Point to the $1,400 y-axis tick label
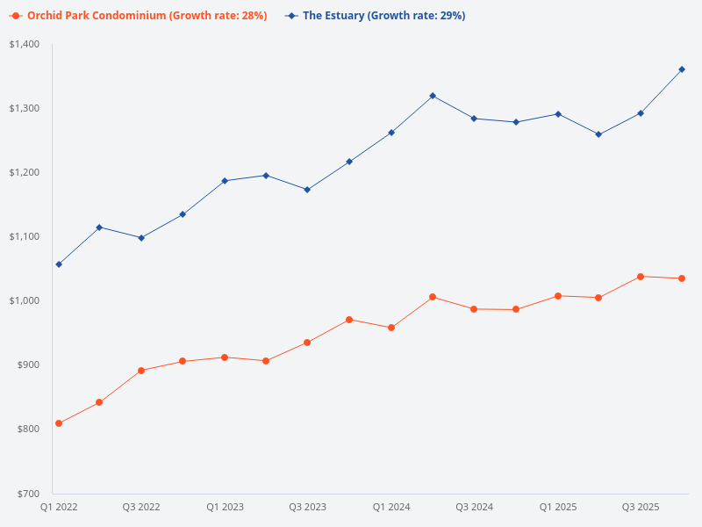(x=25, y=44)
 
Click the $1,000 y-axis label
(x=25, y=300)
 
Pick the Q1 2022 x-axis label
(x=59, y=508)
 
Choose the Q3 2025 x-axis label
(x=641, y=508)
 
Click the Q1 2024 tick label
(x=391, y=508)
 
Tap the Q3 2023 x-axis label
(x=308, y=508)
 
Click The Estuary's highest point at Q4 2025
(x=682, y=69)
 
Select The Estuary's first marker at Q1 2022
(x=59, y=264)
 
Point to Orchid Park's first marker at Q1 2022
(x=59, y=423)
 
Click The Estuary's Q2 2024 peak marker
(x=433, y=96)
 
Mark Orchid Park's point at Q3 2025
(x=641, y=277)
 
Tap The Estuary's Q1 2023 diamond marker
(x=225, y=181)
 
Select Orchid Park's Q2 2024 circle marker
(x=433, y=297)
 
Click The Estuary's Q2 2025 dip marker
(x=598, y=134)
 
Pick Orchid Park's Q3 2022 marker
(x=141, y=371)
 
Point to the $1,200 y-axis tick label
(x=25, y=172)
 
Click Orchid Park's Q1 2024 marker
(x=391, y=328)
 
